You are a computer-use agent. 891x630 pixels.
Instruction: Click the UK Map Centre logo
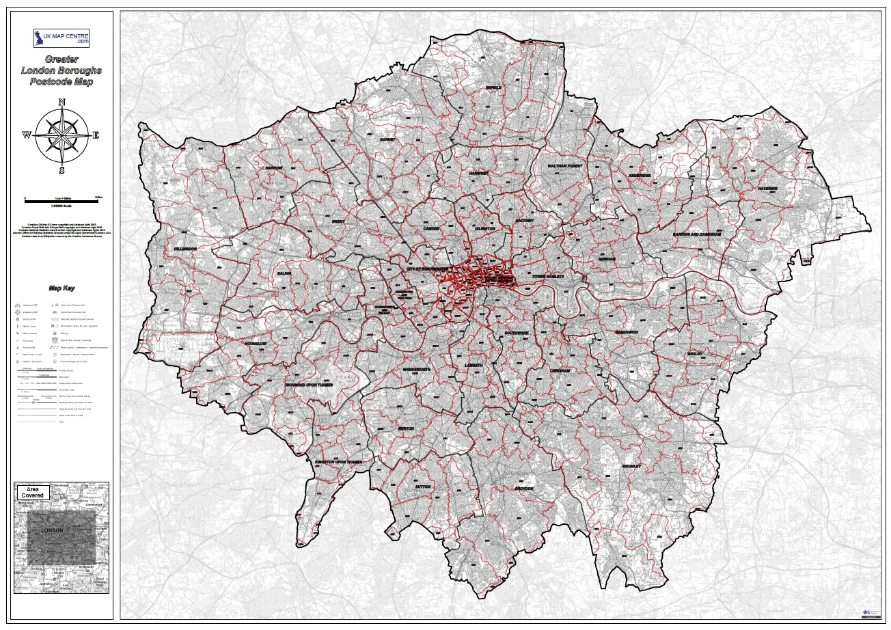61,38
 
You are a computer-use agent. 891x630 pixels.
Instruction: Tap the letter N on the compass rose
61,103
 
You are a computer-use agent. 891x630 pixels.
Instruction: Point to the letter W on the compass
27,135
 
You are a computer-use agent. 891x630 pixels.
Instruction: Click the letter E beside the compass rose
96,135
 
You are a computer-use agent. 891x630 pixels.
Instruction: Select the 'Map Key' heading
61,288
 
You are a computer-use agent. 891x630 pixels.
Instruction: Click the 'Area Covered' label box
32,492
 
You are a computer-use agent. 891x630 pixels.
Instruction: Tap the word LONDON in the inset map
52,530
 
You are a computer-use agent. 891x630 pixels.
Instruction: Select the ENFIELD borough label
493,88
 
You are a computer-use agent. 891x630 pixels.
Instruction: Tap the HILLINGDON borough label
185,249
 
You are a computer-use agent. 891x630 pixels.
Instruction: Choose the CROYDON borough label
524,489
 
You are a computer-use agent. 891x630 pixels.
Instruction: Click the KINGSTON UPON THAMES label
338,462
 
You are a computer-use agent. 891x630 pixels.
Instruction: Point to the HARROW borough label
273,167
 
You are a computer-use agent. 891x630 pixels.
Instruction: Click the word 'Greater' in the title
61,59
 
